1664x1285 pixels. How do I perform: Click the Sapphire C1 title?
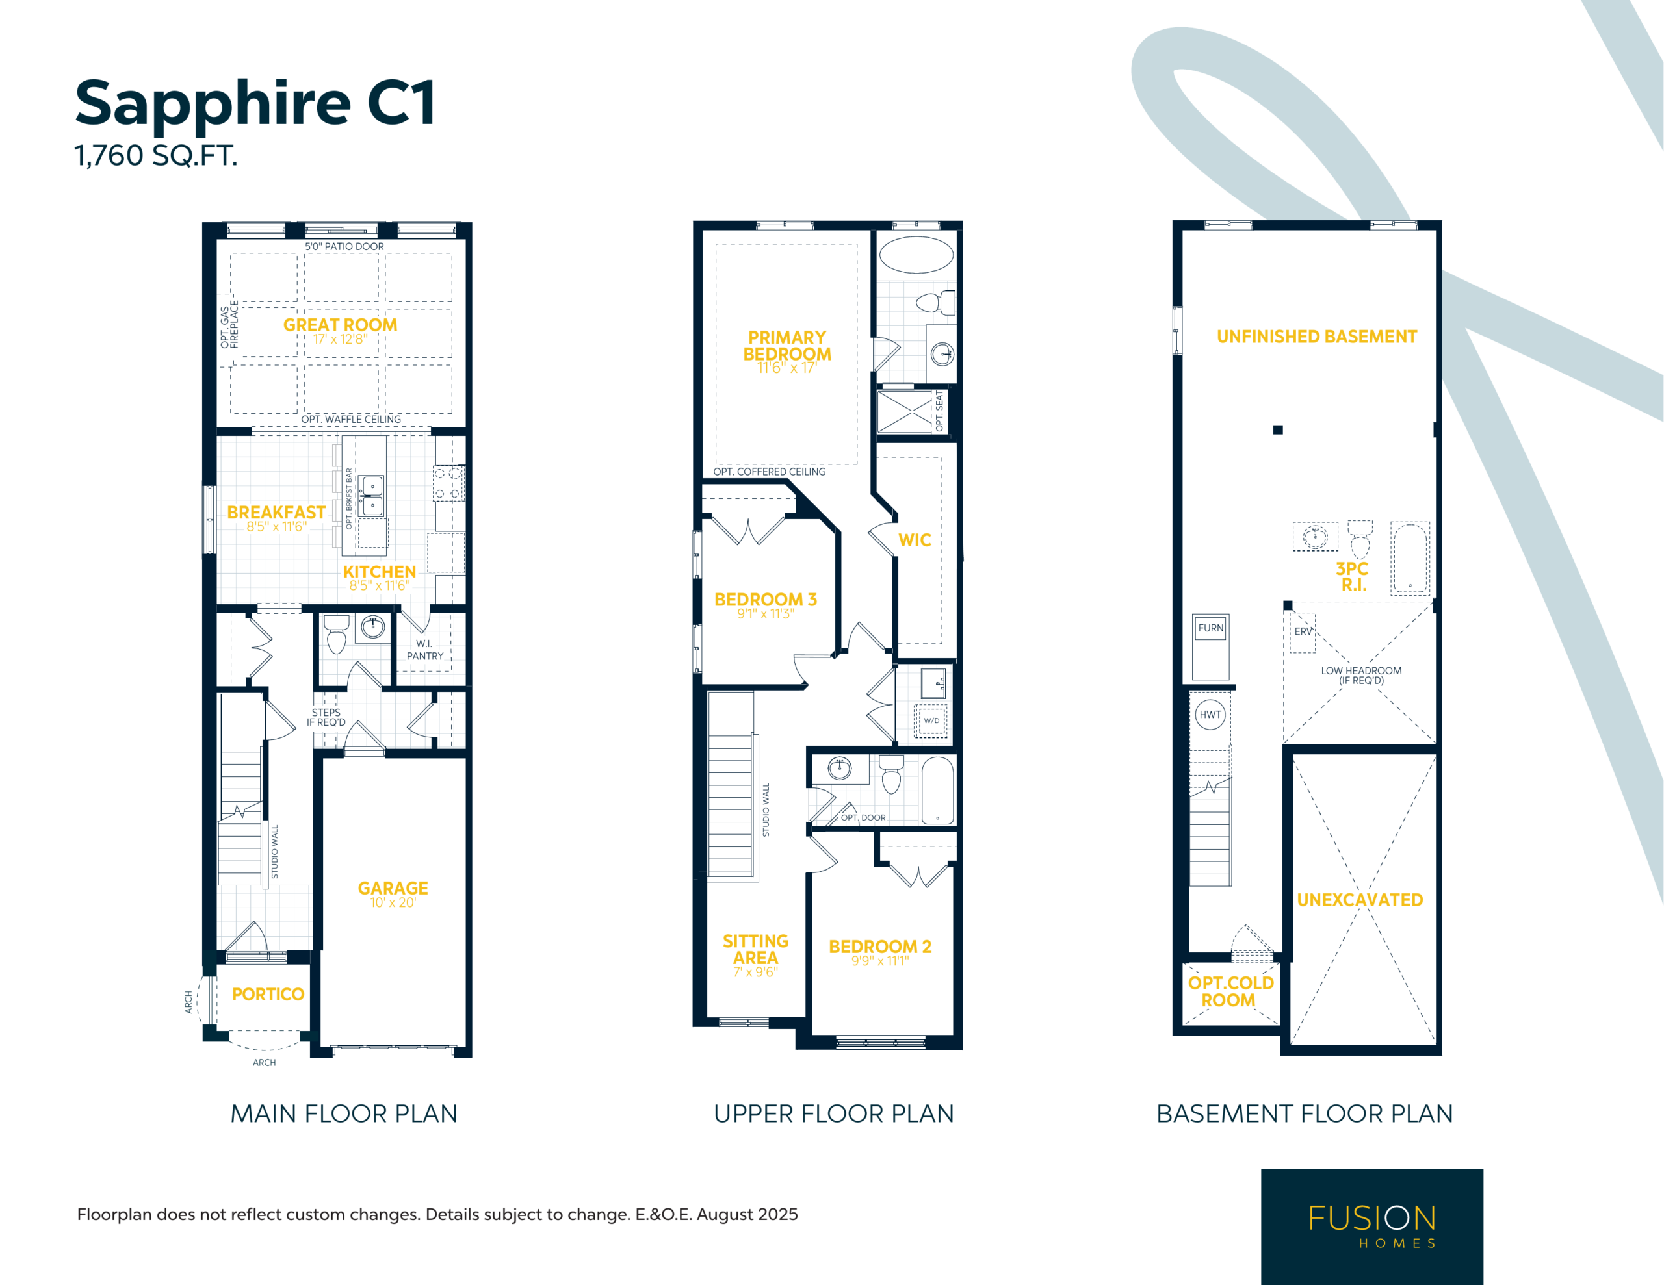coord(255,103)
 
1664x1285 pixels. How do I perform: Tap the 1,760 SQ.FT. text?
coord(156,155)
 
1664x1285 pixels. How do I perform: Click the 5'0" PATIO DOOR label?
coord(344,247)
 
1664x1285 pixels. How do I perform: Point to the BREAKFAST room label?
coord(276,513)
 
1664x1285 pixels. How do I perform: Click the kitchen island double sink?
coord(372,496)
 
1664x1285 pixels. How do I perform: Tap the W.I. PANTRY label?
coord(424,650)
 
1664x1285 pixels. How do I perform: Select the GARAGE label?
coord(393,888)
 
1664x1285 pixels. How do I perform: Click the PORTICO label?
coord(268,994)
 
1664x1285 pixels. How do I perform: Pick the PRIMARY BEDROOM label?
coord(787,346)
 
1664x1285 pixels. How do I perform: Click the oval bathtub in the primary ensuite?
coord(916,255)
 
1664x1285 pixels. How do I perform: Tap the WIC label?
coord(915,540)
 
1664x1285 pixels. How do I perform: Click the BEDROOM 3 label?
coord(765,600)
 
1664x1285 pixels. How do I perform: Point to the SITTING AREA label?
coord(755,950)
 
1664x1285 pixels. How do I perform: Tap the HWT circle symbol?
coord(1210,715)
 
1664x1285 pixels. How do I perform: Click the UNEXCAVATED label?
coord(1360,900)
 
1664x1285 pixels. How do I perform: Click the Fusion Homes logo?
coord(1371,1227)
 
